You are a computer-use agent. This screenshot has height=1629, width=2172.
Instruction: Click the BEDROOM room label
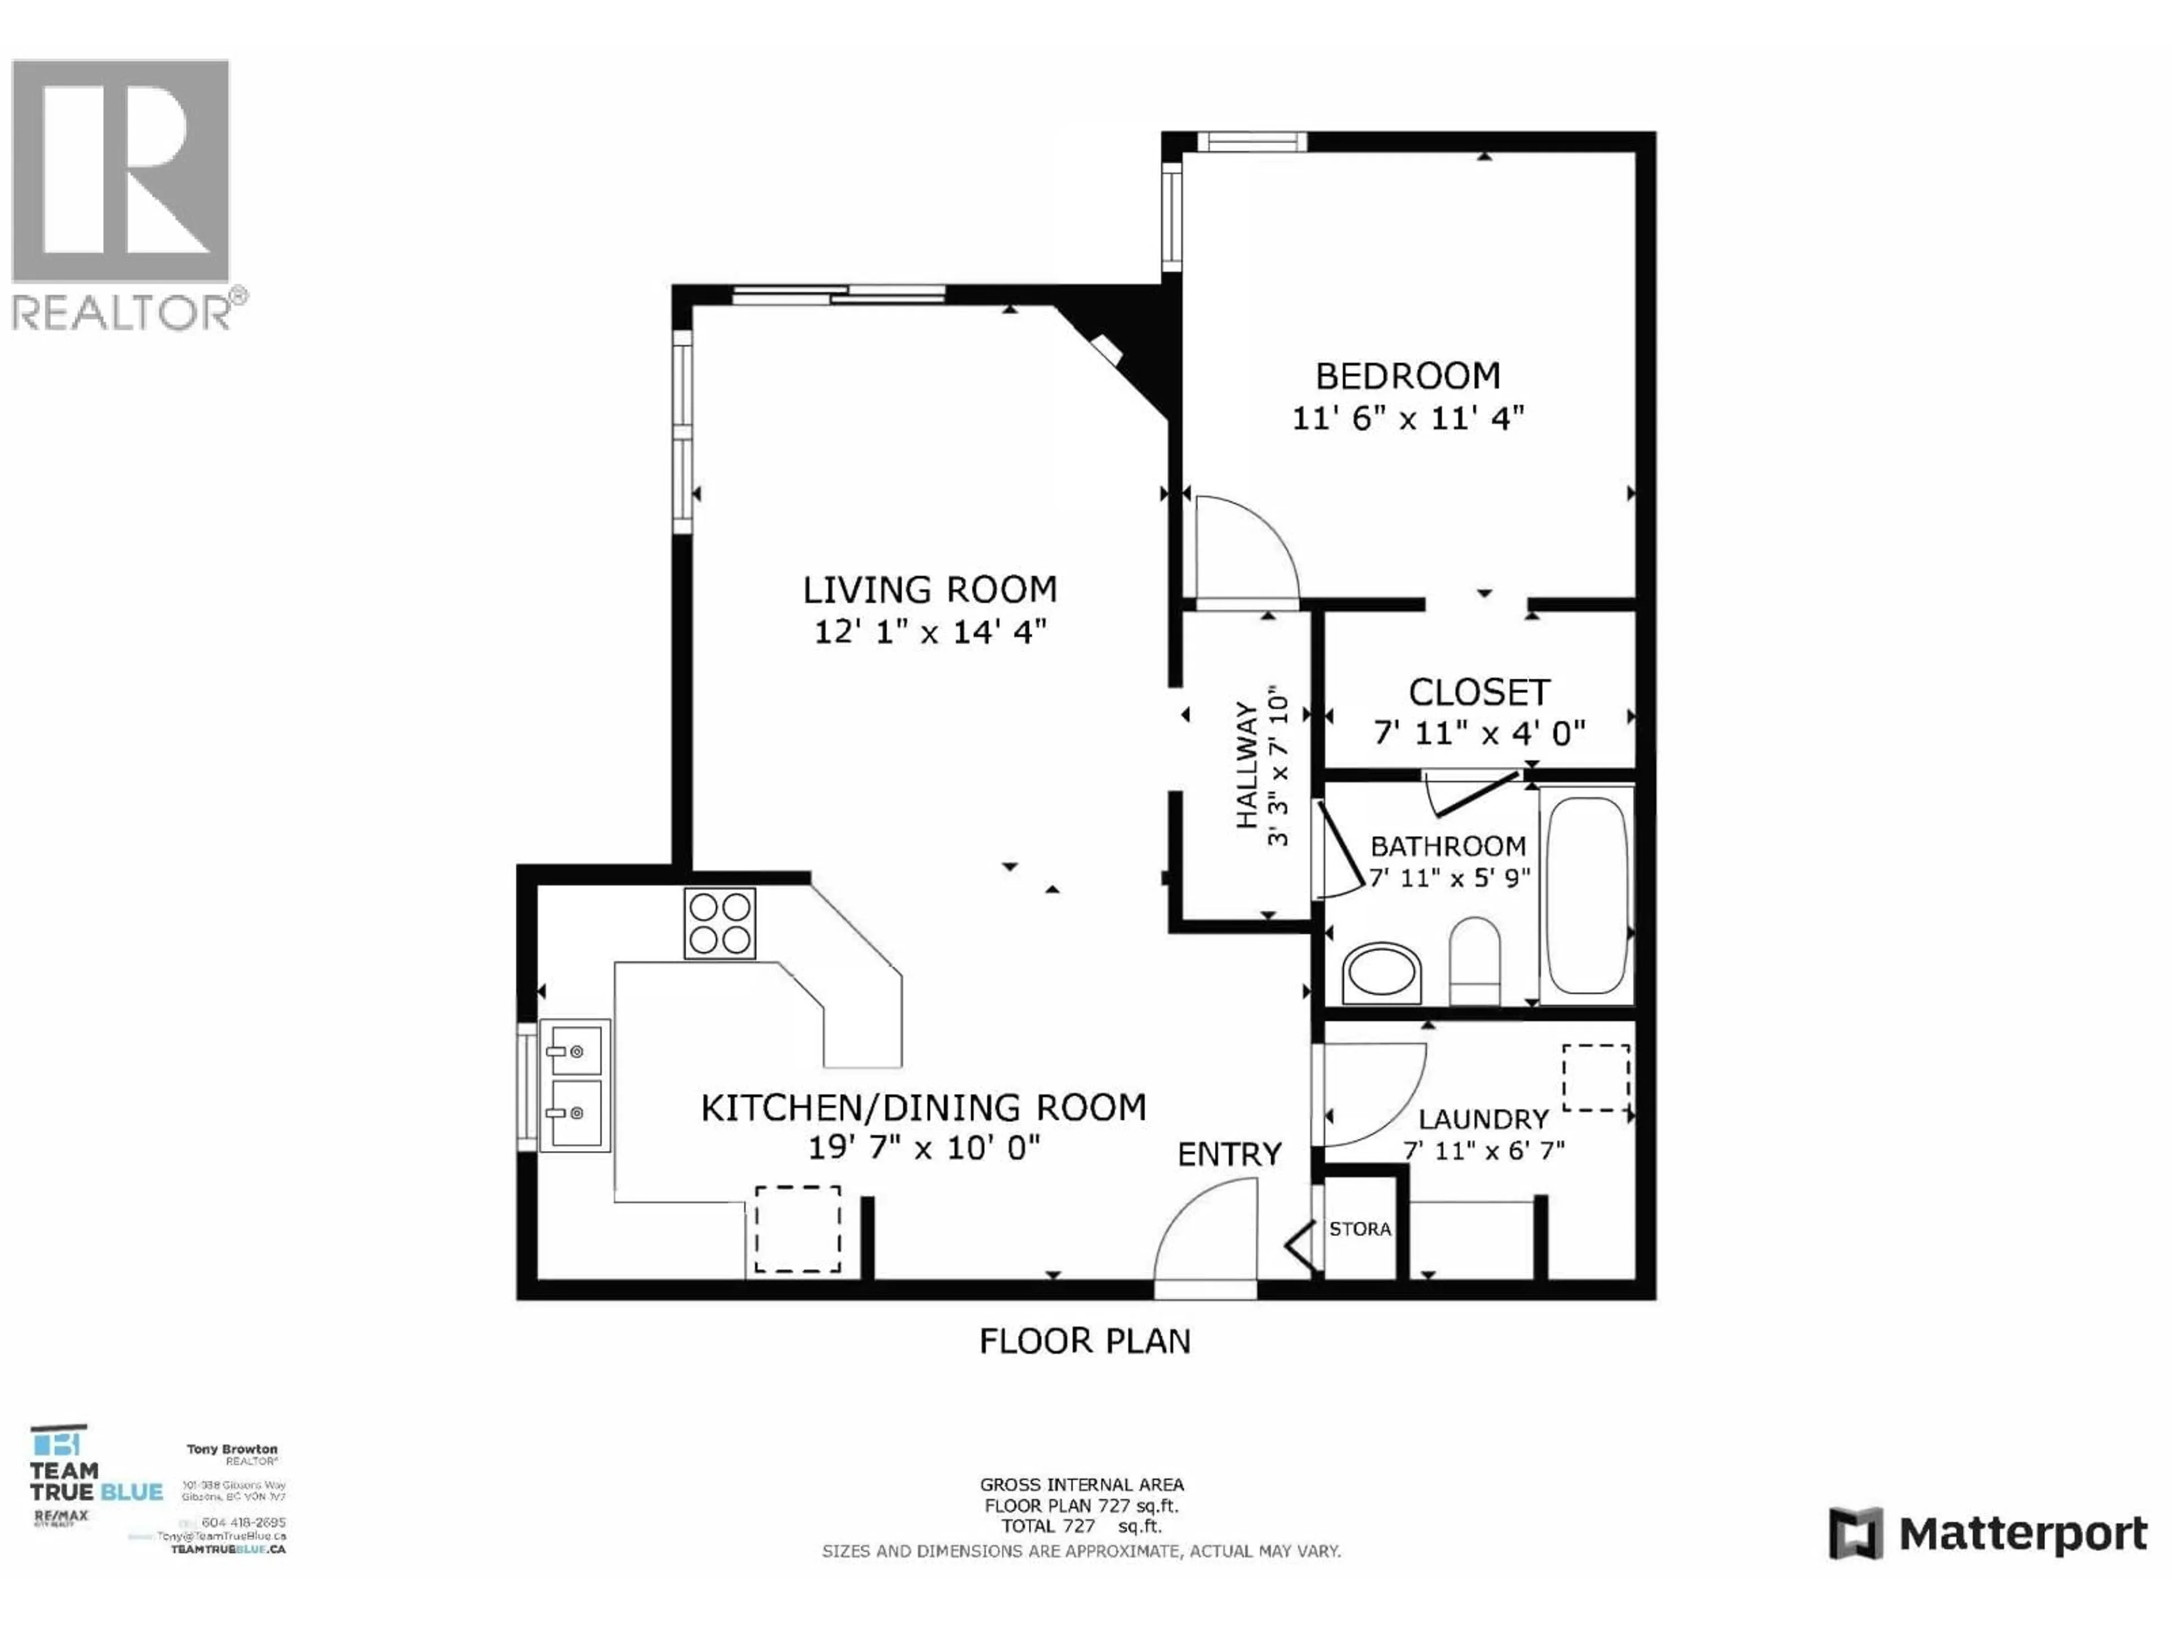click(x=1407, y=376)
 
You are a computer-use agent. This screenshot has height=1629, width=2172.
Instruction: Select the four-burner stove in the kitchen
click(x=719, y=923)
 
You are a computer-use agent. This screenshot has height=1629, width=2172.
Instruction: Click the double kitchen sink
click(x=575, y=1084)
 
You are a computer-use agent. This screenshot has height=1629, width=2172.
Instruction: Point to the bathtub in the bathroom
click(x=1586, y=894)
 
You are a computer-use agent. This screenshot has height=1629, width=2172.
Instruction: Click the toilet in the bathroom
click(x=1474, y=960)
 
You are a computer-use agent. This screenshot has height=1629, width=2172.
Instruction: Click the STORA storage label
click(x=1360, y=1229)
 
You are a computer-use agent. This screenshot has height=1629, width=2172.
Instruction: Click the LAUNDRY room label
click(x=1483, y=1119)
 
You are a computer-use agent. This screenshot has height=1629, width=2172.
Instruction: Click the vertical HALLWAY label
click(x=1246, y=765)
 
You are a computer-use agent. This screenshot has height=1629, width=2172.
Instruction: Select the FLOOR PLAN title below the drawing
click(x=1084, y=1341)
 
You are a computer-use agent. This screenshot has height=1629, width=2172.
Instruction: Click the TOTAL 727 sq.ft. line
click(x=1080, y=1527)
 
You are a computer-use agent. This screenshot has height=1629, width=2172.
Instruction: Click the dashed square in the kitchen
click(x=798, y=1229)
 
